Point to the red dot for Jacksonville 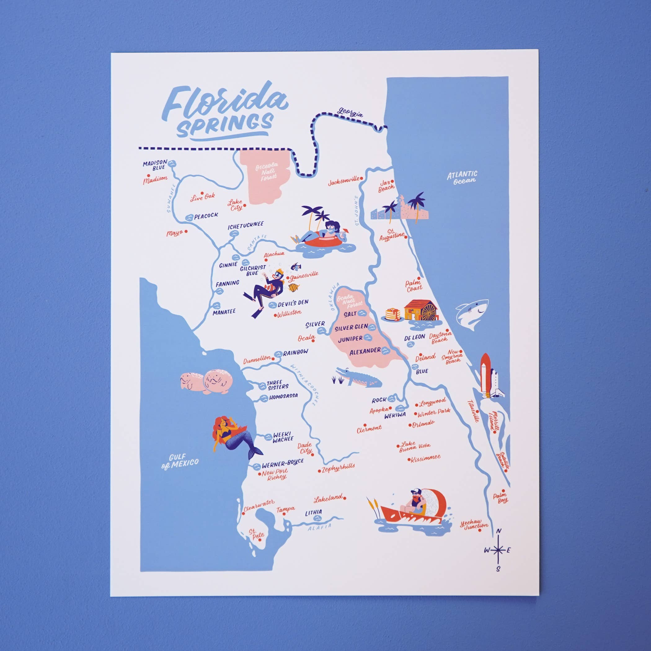pyautogui.click(x=362, y=179)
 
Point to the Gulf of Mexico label pyautogui.click(x=179, y=464)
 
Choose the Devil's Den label pyautogui.click(x=293, y=303)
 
